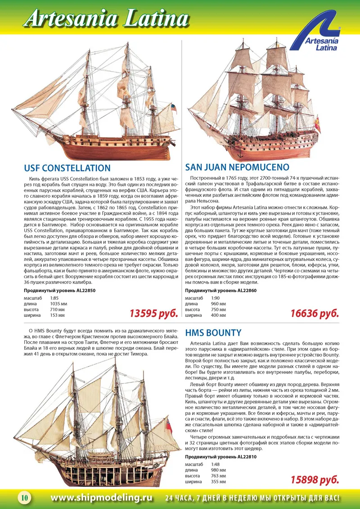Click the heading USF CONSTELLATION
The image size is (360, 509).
[x=67, y=168]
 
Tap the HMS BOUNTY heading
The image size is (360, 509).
[x=213, y=333]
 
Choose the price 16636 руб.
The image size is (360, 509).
[x=314, y=313]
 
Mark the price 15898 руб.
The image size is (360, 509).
[x=314, y=480]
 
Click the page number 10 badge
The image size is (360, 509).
[x=24, y=498]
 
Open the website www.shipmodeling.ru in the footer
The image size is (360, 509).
[x=102, y=498]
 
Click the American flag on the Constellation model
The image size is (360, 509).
[x=173, y=108]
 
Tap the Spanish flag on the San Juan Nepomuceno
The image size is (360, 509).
[x=317, y=125]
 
